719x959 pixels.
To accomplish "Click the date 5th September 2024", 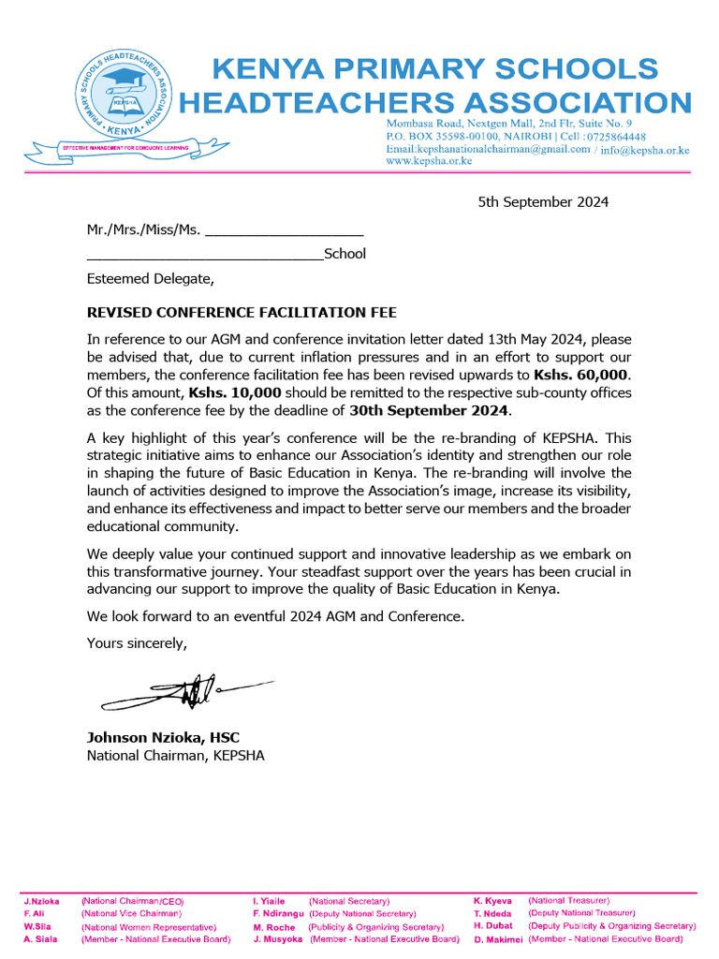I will click(x=543, y=201).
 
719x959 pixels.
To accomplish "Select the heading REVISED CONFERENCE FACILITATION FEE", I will click(x=248, y=312).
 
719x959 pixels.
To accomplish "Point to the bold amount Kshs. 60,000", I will click(x=586, y=374).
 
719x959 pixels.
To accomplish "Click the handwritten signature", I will click(x=173, y=693).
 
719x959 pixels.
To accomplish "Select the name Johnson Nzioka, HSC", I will click(x=163, y=737).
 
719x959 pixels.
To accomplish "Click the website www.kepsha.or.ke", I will click(x=429, y=161).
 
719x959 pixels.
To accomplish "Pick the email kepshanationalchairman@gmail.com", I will click(x=488, y=149).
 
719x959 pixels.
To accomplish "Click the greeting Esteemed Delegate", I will click(x=150, y=278).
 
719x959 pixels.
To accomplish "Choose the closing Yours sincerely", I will click(x=137, y=642).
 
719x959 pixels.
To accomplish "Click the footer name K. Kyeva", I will click(x=492, y=900).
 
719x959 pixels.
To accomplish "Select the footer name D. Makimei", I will click(x=497, y=938).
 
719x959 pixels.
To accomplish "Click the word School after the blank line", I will click(x=345, y=254).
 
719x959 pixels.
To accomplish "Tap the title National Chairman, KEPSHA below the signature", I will click(x=175, y=756).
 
